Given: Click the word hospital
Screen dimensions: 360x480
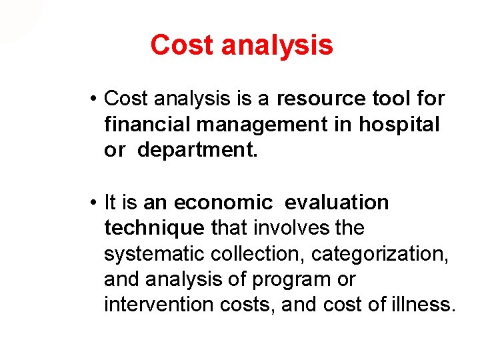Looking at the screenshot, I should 400,125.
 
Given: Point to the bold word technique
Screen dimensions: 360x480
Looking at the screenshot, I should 154,228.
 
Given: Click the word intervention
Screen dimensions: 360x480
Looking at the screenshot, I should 155,305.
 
